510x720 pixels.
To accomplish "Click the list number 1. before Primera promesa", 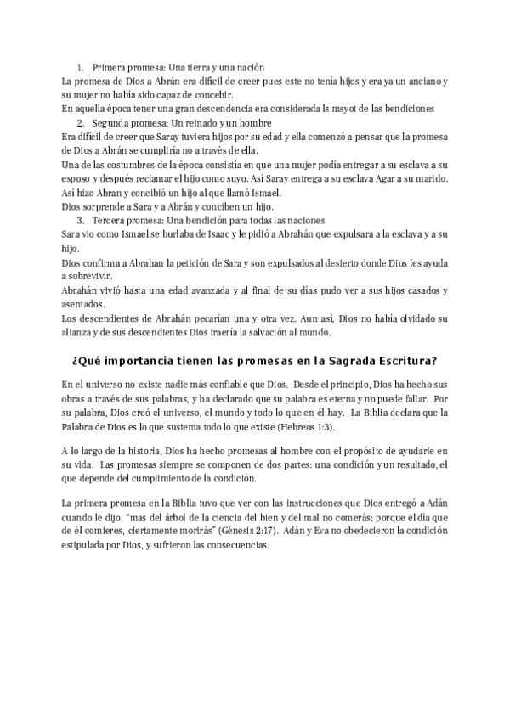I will pos(81,66).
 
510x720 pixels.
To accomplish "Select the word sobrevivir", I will pos(90,277).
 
